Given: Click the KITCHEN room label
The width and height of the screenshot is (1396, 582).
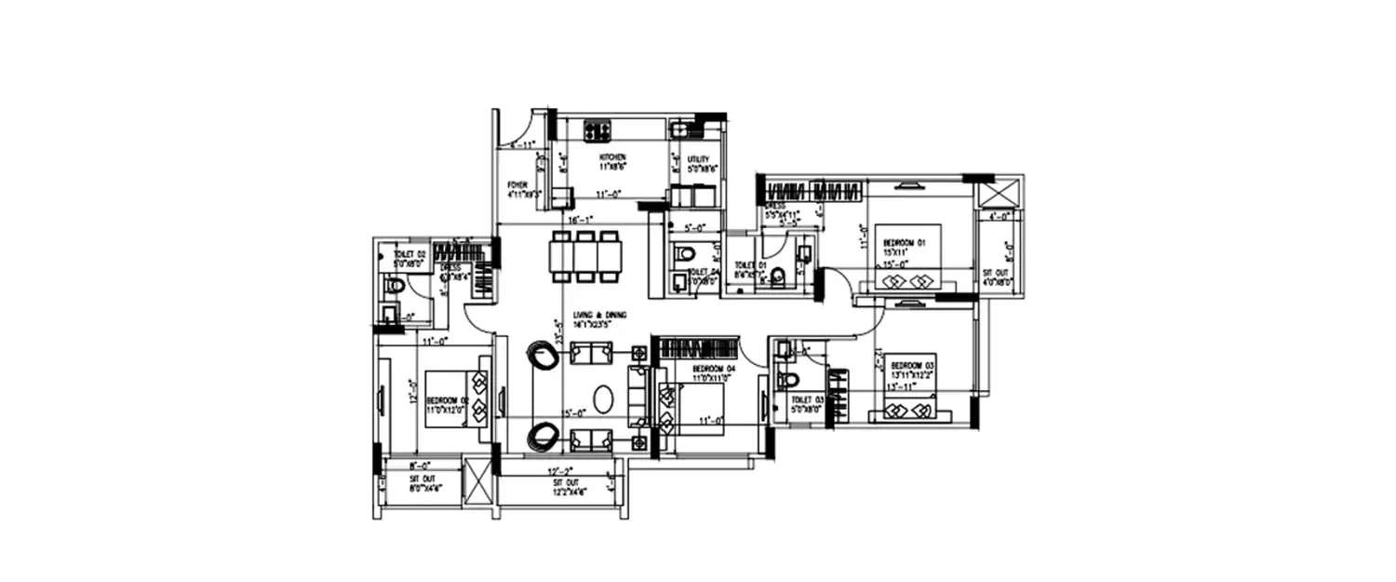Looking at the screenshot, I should pyautogui.click(x=612, y=157).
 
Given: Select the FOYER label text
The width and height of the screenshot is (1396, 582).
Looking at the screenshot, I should pyautogui.click(x=518, y=184).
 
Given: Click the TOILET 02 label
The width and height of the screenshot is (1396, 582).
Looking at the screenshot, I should pyautogui.click(x=409, y=254).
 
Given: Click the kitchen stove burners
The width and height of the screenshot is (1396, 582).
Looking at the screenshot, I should pyautogui.click(x=597, y=129).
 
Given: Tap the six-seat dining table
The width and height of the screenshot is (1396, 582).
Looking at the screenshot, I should pyautogui.click(x=584, y=256).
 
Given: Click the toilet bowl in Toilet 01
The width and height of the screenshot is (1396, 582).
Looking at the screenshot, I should pyautogui.click(x=778, y=275).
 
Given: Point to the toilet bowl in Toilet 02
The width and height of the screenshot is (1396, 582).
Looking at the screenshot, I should pyautogui.click(x=395, y=286).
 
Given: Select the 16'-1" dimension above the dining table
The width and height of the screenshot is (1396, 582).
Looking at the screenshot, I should pyautogui.click(x=581, y=219).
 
